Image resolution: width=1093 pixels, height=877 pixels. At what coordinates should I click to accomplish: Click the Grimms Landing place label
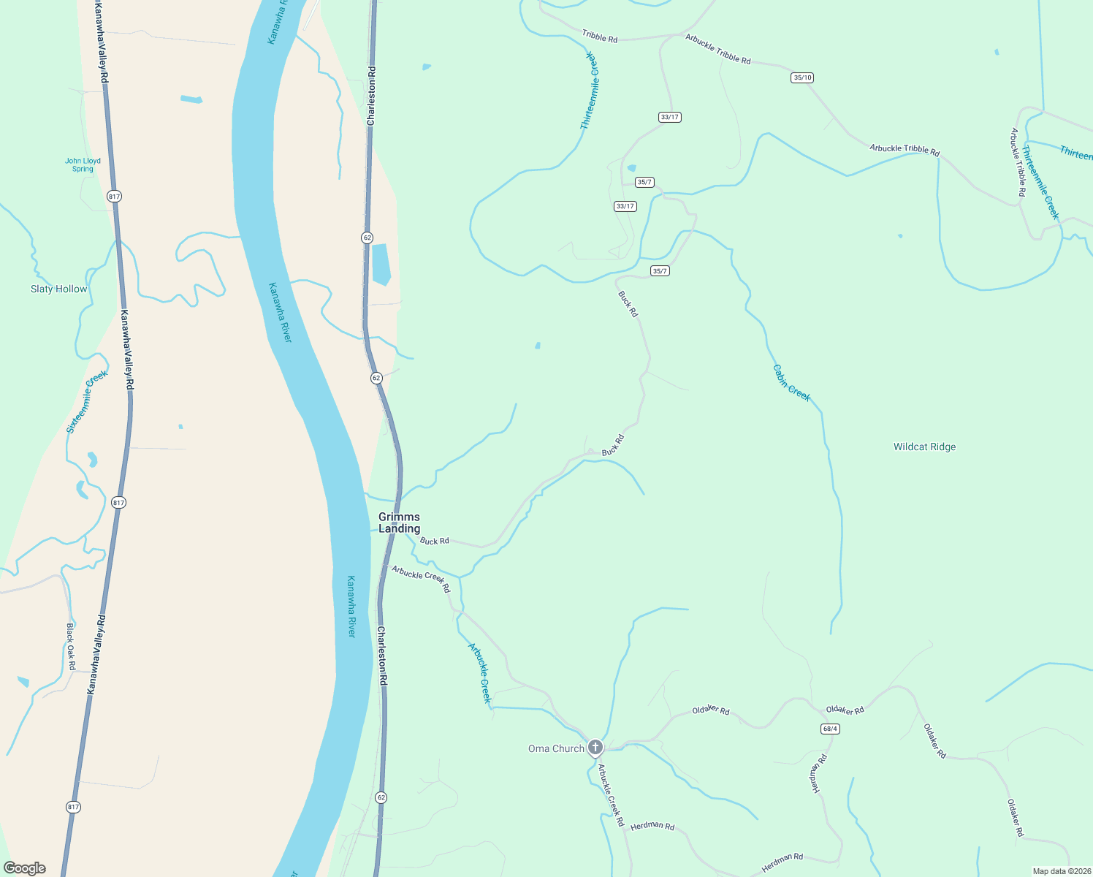click(399, 523)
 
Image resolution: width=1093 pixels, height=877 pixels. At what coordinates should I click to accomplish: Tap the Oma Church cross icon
click(595, 747)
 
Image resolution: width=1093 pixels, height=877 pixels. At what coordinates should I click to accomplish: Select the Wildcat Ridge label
click(924, 447)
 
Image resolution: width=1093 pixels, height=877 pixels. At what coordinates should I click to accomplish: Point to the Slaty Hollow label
click(58, 289)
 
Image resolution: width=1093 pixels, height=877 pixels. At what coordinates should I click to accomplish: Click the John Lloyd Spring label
click(83, 164)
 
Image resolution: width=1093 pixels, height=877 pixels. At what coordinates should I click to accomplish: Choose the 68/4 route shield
click(830, 729)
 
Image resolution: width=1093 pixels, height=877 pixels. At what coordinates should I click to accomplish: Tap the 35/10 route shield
click(802, 77)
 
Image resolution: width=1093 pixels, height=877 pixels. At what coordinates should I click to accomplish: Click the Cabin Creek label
click(792, 383)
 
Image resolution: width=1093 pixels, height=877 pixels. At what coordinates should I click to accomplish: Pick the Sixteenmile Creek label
click(87, 401)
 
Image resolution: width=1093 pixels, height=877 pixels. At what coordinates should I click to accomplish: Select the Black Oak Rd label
click(71, 646)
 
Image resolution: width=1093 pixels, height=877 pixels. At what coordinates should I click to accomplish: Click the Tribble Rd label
click(600, 36)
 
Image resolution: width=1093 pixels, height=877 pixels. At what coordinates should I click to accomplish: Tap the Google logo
click(25, 867)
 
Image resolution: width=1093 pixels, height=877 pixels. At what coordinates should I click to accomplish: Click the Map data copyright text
click(1061, 871)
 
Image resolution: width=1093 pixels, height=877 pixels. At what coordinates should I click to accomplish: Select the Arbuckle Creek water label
click(480, 672)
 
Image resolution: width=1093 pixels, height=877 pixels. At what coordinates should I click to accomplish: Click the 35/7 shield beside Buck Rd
click(660, 271)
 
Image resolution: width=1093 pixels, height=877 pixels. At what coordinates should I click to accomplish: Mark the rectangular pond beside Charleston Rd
click(381, 264)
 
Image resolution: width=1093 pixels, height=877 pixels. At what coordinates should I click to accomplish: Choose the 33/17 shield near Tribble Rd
click(669, 117)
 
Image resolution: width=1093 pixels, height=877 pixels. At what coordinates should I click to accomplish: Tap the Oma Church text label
click(556, 748)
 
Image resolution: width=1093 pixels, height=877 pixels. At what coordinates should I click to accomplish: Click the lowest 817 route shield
click(73, 807)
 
